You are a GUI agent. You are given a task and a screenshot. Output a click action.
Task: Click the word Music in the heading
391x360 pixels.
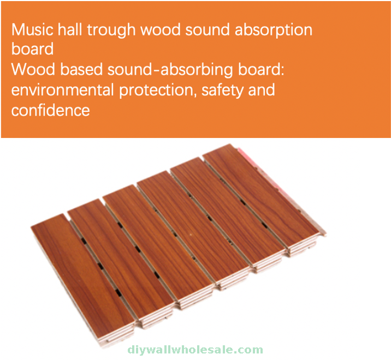tap(32, 29)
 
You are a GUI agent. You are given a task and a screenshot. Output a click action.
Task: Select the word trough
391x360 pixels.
tap(111, 31)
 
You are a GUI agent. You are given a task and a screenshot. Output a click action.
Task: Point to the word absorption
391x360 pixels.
tap(274, 31)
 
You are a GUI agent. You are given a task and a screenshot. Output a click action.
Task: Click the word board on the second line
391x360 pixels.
tap(32, 49)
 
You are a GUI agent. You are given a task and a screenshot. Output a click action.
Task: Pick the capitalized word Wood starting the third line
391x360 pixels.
tap(33, 69)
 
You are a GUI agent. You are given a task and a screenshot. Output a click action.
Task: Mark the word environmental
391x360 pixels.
tap(63, 90)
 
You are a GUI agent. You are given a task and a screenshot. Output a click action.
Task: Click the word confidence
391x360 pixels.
tap(51, 110)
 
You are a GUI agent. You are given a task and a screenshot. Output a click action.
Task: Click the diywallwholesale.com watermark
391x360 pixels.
tap(195, 350)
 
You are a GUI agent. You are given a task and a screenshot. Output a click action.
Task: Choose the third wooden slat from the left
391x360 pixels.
tap(158, 239)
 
